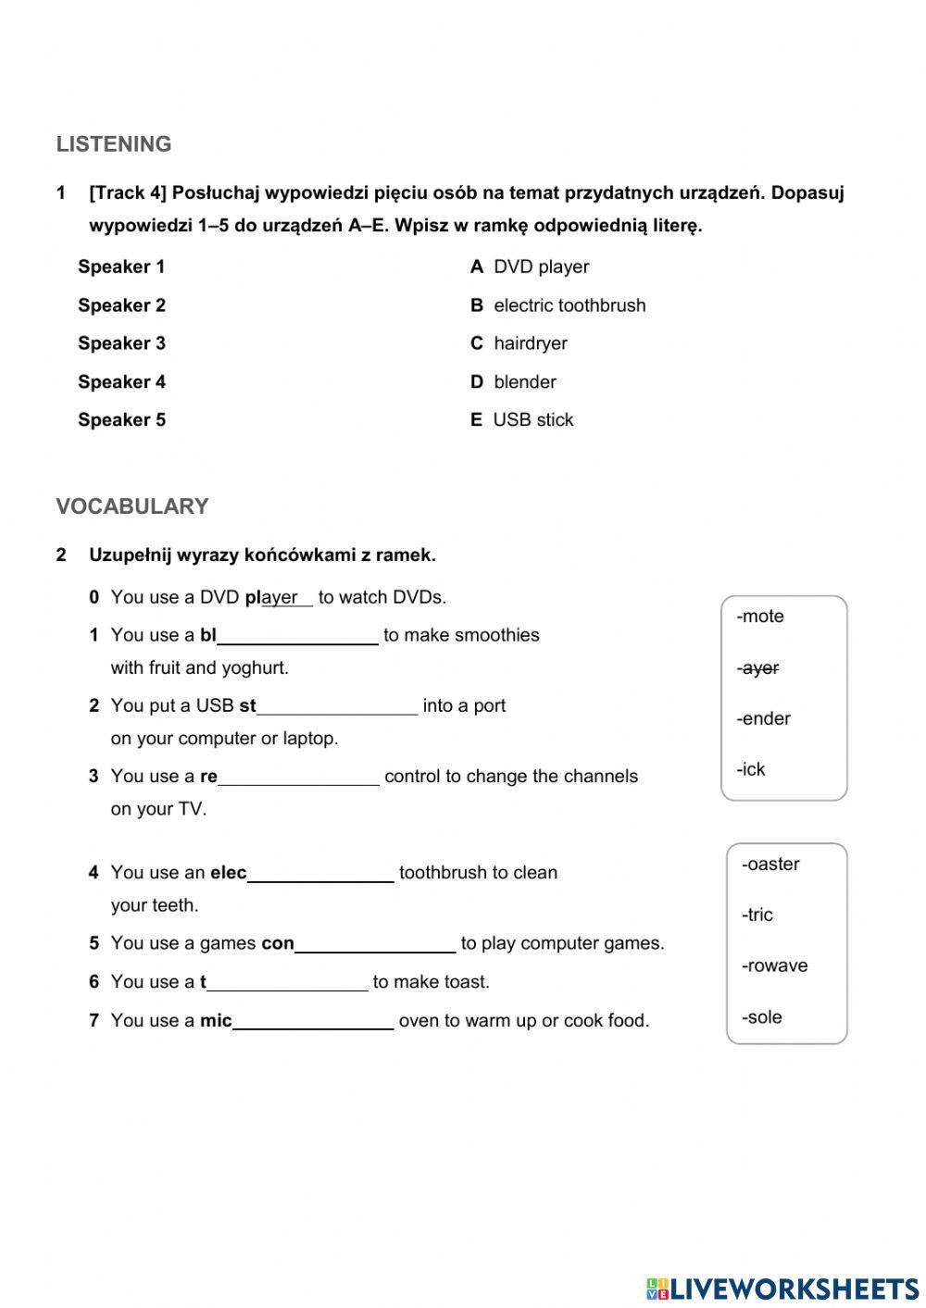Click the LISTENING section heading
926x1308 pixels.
pos(114,144)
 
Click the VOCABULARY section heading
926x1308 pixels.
pos(132,506)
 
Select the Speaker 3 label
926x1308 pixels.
pos(121,343)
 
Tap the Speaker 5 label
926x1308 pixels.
pos(121,420)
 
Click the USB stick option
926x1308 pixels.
pos(521,420)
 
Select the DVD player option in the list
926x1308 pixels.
pos(530,268)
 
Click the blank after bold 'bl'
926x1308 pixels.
pos(297,637)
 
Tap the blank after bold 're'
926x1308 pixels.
pos(298,778)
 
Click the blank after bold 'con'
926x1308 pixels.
pos(375,945)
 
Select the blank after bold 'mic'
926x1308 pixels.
pos(313,1022)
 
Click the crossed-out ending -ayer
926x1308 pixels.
pos(758,668)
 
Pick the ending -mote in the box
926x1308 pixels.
pos(760,617)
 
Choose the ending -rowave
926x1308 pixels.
pos(774,966)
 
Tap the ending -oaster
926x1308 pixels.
pos(770,865)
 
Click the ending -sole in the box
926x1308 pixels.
pos(762,1017)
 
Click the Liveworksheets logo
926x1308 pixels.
pos(782,1289)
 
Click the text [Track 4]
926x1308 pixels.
pos(128,193)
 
